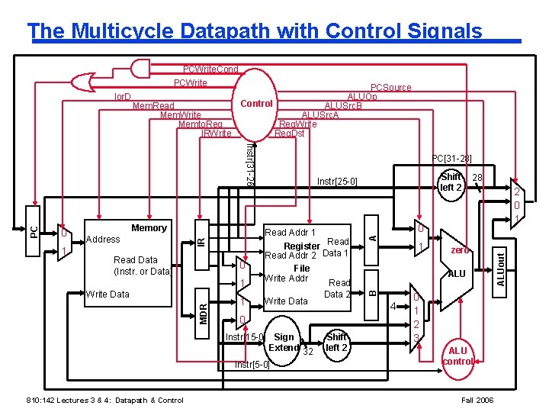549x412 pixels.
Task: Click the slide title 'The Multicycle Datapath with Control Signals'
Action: point(255,31)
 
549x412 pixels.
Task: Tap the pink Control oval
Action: point(256,104)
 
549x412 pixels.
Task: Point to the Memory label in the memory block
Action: point(149,228)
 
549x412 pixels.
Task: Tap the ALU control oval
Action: point(457,356)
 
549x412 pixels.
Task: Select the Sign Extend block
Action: point(284,343)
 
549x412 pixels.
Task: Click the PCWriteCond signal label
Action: point(210,69)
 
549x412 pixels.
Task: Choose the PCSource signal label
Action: point(390,88)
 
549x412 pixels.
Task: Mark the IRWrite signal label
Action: point(216,134)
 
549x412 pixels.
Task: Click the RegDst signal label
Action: point(288,134)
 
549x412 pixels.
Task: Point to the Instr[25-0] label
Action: point(336,182)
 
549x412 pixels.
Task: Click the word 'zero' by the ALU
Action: point(460,249)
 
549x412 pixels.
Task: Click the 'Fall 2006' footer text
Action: point(478,401)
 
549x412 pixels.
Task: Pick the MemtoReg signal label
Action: point(200,124)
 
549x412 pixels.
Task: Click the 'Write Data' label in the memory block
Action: point(108,294)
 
